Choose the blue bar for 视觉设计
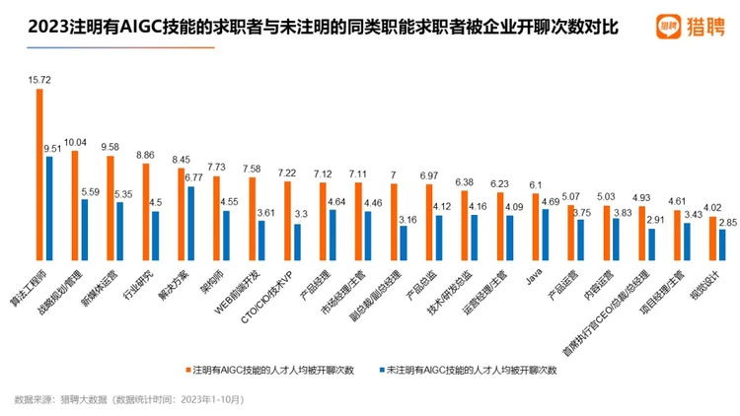click(722, 244)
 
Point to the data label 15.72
click(40, 78)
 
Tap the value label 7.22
click(286, 173)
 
